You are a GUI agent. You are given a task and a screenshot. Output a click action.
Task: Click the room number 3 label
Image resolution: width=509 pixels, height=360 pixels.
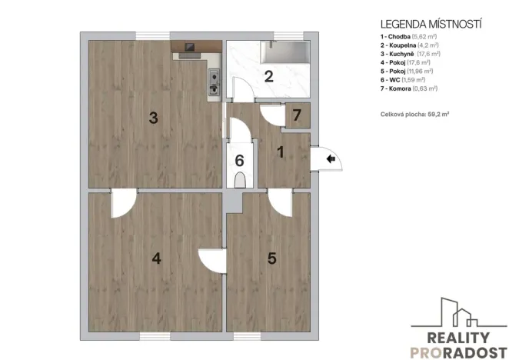click(154, 118)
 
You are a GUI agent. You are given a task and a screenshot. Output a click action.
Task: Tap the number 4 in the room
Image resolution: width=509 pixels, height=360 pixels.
click(157, 258)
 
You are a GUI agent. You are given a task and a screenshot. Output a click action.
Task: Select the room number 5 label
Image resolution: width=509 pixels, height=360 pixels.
click(271, 258)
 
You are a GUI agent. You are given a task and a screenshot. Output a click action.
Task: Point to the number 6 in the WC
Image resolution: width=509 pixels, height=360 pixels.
click(239, 161)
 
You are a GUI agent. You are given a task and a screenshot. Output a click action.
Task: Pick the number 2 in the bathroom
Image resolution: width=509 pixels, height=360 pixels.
click(268, 76)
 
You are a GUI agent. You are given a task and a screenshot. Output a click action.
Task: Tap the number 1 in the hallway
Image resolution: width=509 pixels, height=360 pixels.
click(281, 152)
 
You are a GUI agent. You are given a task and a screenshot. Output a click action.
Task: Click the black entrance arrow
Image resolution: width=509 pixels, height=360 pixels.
click(331, 159)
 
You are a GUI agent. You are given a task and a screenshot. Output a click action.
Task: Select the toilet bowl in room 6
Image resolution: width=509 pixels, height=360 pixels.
click(239, 181)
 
